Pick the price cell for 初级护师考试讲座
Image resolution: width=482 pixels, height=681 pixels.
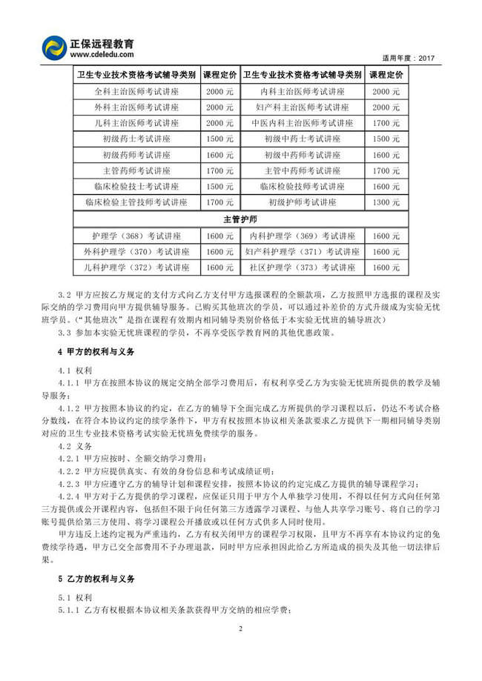coord(386,202)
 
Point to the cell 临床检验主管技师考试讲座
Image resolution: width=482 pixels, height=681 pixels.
coord(137,202)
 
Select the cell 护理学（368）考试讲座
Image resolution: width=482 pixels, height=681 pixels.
coord(137,236)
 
